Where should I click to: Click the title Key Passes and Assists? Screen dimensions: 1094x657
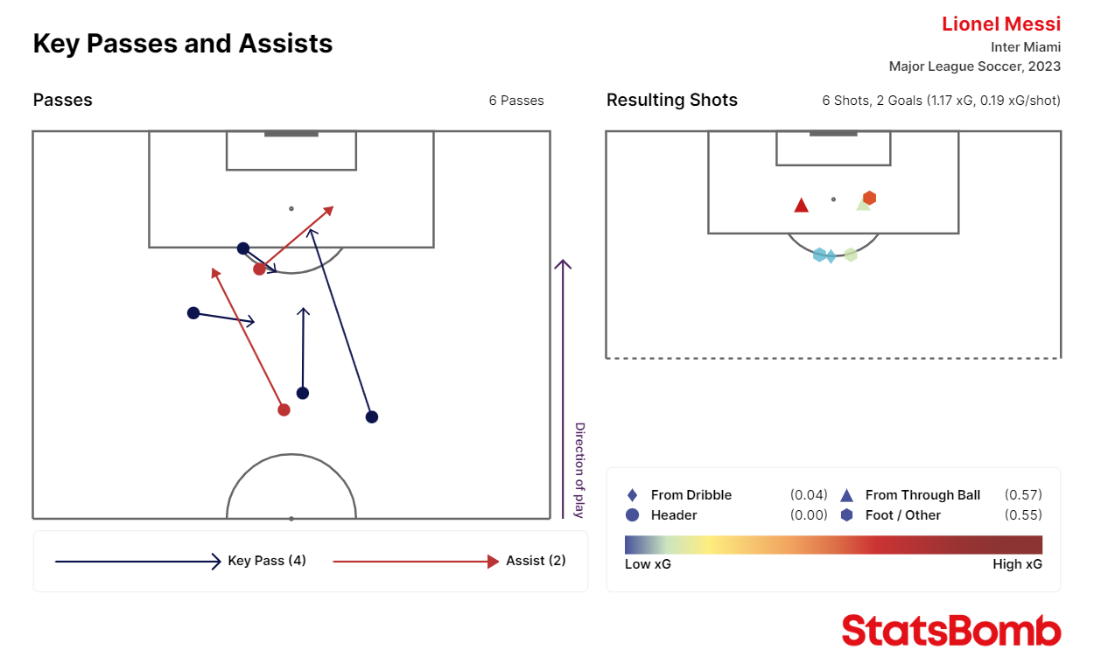[183, 44]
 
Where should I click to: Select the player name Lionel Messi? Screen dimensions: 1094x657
[1000, 24]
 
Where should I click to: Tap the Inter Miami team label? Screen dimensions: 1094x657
[1025, 47]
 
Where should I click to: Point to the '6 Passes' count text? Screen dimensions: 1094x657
[516, 101]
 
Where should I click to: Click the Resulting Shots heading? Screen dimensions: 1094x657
[671, 100]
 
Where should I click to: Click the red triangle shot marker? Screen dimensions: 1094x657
[801, 205]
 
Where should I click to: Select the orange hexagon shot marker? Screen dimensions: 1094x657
[869, 198]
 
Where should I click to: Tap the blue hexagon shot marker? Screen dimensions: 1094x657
[819, 255]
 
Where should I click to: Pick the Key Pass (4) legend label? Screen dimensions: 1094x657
[267, 561]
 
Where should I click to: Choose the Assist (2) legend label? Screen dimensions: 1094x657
[536, 561]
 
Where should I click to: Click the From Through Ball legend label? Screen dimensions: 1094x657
[922, 495]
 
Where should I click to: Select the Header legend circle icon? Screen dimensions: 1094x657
[633, 515]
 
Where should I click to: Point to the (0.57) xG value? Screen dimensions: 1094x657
[1023, 495]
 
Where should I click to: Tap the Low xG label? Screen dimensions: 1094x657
[648, 564]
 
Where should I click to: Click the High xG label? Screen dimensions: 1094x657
[1017, 564]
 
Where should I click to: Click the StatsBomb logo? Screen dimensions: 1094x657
[951, 630]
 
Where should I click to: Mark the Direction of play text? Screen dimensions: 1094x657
[579, 470]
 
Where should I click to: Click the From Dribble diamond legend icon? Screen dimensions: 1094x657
[633, 495]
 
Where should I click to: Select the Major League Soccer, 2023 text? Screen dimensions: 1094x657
[974, 66]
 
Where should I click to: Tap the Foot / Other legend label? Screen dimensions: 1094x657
[902, 515]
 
